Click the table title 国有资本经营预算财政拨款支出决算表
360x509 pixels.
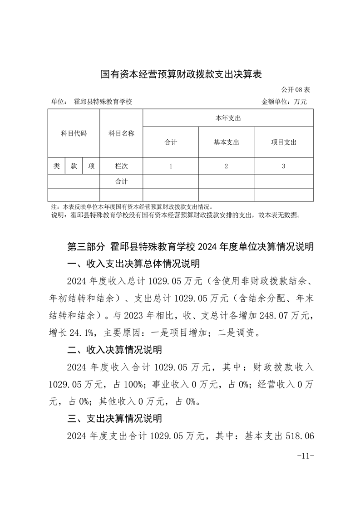[x=181, y=74]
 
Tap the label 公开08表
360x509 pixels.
[x=295, y=89]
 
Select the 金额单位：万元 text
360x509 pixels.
[x=284, y=102]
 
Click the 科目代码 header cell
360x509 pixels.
[x=74, y=133]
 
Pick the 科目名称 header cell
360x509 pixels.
[x=121, y=133]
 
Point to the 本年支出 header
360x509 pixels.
[x=227, y=118]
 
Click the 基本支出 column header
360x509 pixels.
[x=226, y=142]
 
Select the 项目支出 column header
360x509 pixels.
[x=283, y=142]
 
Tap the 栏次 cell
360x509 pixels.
[x=121, y=166]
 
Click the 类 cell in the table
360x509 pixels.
[x=56, y=166]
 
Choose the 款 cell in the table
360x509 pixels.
[x=74, y=166]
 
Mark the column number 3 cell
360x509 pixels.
[x=283, y=166]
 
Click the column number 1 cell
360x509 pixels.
[x=171, y=166]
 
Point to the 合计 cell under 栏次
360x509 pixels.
[x=121, y=181]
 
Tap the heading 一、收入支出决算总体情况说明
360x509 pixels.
[x=133, y=264]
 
